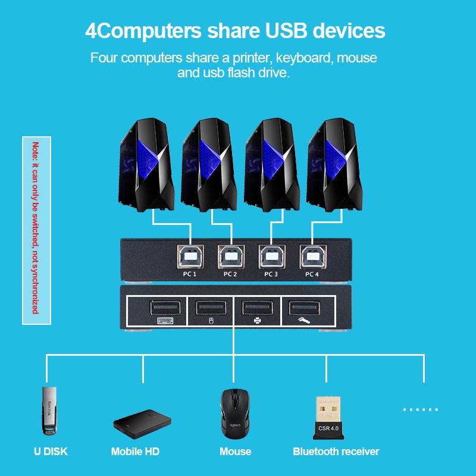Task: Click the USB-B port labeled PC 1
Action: point(190,257)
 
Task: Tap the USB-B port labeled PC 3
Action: point(271,257)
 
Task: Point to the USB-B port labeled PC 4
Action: point(311,257)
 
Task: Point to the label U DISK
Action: point(51,452)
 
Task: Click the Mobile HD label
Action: point(135,452)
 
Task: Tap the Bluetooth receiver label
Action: point(336,452)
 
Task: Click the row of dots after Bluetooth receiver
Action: point(420,410)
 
